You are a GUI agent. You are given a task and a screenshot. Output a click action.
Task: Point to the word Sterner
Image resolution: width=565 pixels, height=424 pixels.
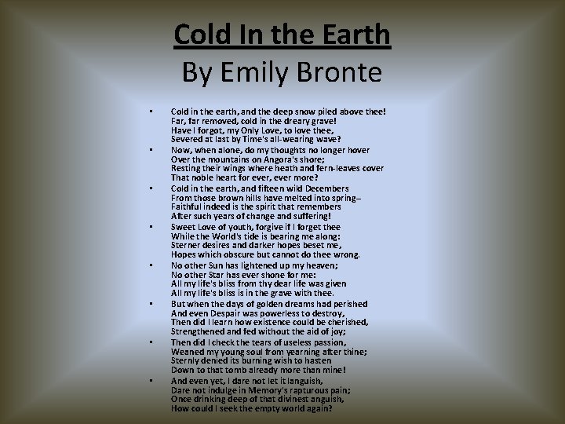pyautogui.click(x=188, y=246)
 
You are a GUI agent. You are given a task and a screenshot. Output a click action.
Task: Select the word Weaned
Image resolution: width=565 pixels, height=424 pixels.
pyautogui.click(x=188, y=352)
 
